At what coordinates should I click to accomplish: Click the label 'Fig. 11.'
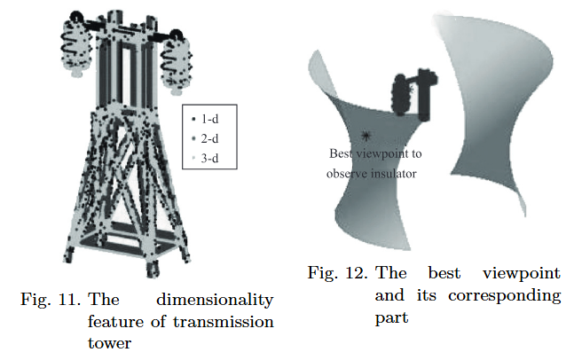point(47,300)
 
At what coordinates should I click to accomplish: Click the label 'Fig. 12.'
point(336,273)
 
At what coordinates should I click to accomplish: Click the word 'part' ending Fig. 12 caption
point(391,316)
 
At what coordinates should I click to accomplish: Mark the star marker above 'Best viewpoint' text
point(366,136)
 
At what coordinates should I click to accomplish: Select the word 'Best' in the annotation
point(341,154)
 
